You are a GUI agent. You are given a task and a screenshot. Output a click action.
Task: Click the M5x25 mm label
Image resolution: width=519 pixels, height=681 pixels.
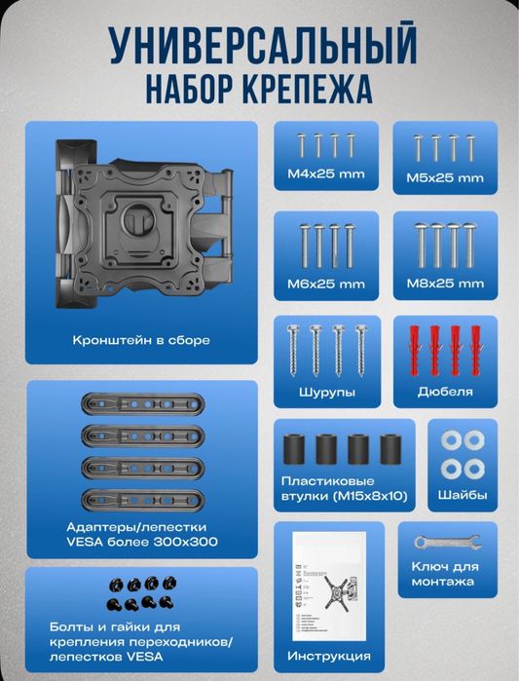pyautogui.click(x=444, y=178)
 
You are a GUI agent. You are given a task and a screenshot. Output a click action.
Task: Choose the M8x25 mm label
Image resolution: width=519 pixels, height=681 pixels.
pyautogui.click(x=444, y=284)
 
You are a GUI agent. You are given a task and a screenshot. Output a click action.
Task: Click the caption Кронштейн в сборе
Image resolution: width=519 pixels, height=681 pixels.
pyautogui.click(x=141, y=341)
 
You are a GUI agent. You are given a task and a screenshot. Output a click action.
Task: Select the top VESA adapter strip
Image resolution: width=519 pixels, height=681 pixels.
pyautogui.click(x=141, y=402)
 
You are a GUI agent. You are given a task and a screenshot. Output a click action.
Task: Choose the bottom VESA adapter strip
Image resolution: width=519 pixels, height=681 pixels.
pyautogui.click(x=141, y=500)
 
